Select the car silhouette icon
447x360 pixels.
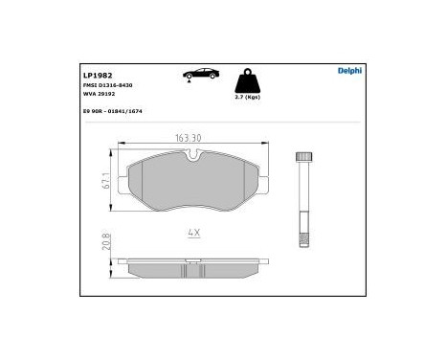point(200,74)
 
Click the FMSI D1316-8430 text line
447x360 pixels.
point(108,85)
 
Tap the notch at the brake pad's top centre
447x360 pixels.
point(194,153)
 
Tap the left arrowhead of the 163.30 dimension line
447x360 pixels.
point(120,145)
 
